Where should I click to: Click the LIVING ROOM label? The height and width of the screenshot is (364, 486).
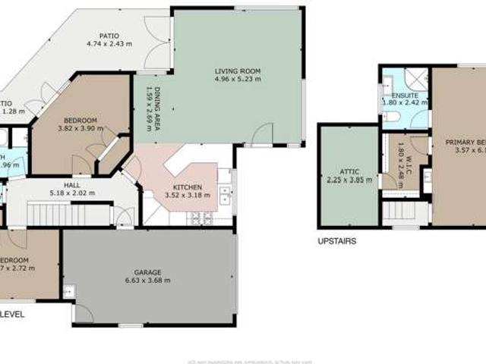238,71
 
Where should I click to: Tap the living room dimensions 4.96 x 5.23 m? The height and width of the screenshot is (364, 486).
238,79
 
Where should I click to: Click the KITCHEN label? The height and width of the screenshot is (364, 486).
186,187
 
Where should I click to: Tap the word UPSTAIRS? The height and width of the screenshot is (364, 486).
336,241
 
